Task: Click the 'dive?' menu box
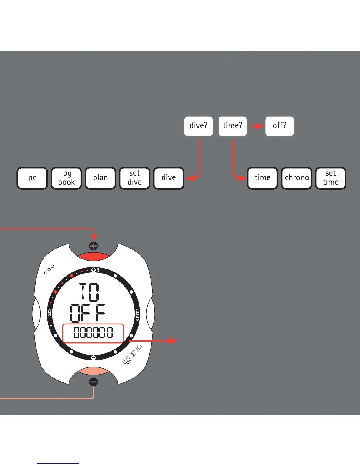[x=199, y=126]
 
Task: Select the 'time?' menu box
[x=232, y=126]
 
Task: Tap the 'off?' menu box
[x=279, y=126]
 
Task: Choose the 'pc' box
[x=32, y=178]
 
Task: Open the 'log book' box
[x=66, y=178]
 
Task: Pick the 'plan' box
[x=101, y=178]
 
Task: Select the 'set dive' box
[x=135, y=178]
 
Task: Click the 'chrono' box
[x=297, y=178]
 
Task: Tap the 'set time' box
[x=331, y=178]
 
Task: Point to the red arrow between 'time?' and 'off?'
[x=256, y=126]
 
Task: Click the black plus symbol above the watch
[x=94, y=246]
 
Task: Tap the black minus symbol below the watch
[x=94, y=382]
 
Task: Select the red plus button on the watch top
[x=94, y=256]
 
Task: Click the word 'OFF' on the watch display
[x=87, y=313]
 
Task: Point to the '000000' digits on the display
[x=93, y=333]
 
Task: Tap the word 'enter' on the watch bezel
[x=137, y=314]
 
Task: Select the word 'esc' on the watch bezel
[x=50, y=313]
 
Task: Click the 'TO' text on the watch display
[x=90, y=292]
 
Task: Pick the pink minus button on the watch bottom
[x=94, y=371]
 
